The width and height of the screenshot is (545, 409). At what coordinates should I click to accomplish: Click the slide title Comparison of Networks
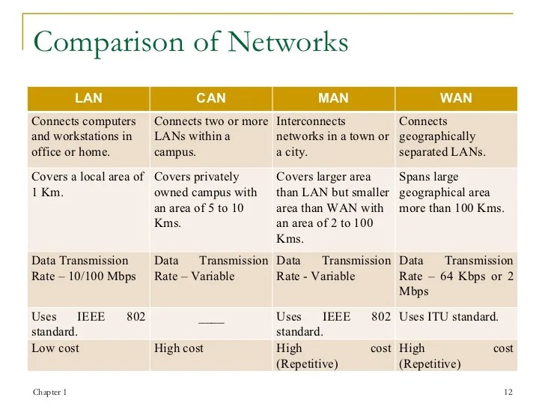[191, 42]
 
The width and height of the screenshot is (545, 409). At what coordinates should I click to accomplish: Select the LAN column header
[88, 98]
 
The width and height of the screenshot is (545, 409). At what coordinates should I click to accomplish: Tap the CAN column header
[210, 98]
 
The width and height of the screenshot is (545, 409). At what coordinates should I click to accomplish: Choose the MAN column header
[333, 98]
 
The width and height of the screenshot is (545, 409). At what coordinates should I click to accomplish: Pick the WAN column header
[455, 98]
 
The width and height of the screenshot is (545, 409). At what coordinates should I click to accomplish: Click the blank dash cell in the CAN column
[211, 317]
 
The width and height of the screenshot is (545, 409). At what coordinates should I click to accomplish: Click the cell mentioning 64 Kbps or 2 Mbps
[456, 276]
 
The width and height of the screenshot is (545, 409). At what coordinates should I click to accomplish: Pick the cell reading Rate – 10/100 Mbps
[88, 268]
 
